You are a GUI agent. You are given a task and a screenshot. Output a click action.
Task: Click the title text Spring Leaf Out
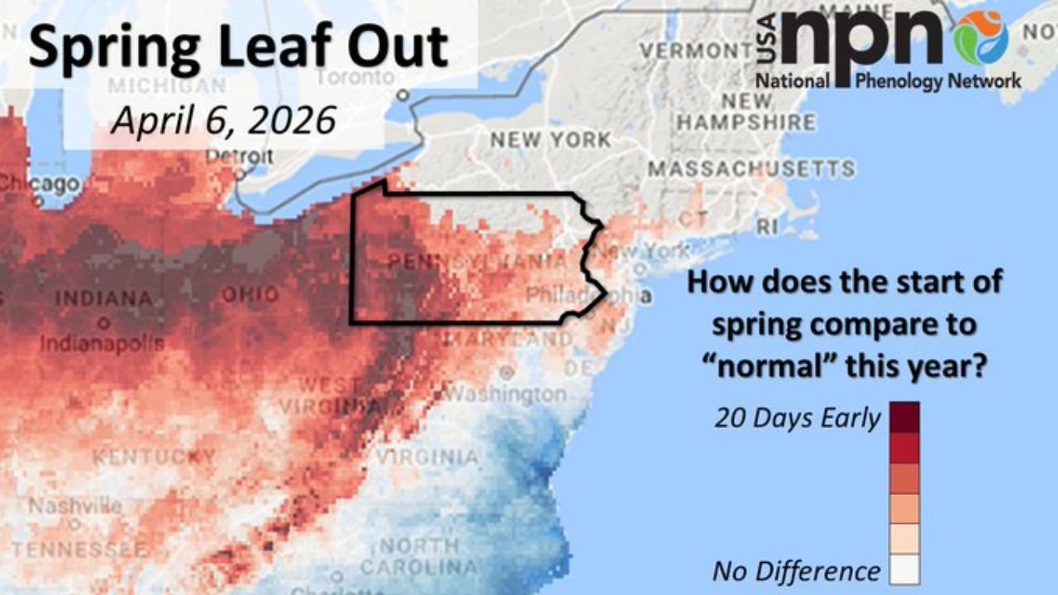point(238,47)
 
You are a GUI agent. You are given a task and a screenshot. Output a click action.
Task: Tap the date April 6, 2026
point(223,121)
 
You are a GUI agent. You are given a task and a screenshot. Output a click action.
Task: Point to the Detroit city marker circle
point(240,174)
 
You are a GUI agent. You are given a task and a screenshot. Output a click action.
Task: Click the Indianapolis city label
point(102,342)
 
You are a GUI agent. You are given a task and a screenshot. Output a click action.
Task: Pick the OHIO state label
point(250,295)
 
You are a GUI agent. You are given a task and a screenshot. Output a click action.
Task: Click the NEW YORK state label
point(550,140)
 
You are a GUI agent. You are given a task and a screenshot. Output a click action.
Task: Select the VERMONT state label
point(692,50)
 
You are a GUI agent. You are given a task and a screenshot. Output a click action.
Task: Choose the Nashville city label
point(75,506)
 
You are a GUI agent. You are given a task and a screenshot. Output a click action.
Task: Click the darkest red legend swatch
point(904,417)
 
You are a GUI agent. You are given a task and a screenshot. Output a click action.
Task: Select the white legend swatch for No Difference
point(904,569)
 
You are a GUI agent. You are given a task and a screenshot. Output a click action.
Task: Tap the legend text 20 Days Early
point(797,418)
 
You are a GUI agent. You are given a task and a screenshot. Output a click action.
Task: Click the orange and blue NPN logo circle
point(980,37)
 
